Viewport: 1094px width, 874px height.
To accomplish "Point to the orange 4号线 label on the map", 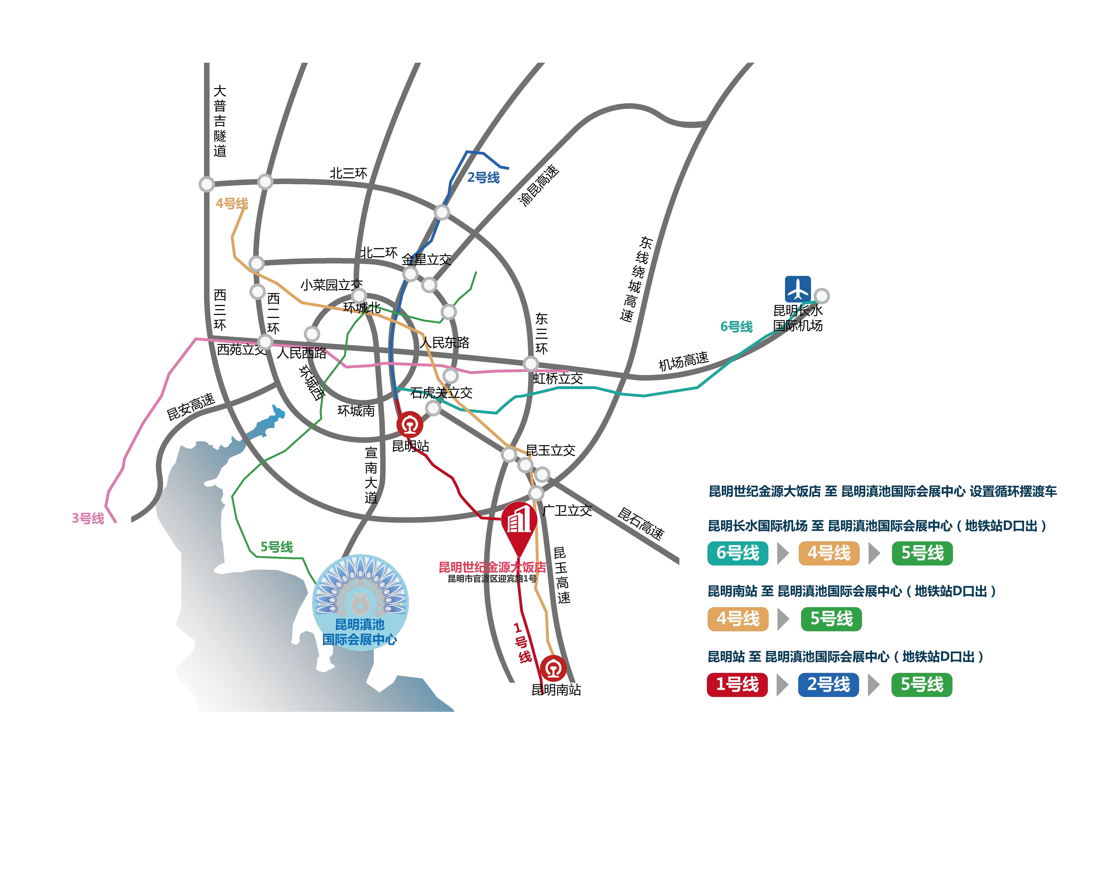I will pos(232,203).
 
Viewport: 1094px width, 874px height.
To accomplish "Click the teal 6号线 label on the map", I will pos(736,327).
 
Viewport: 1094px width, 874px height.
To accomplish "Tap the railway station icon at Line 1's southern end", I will pos(553,668).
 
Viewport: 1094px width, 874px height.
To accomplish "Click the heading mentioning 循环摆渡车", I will pos(882,491).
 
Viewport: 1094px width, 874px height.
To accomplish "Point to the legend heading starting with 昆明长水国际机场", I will pos(877,526).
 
